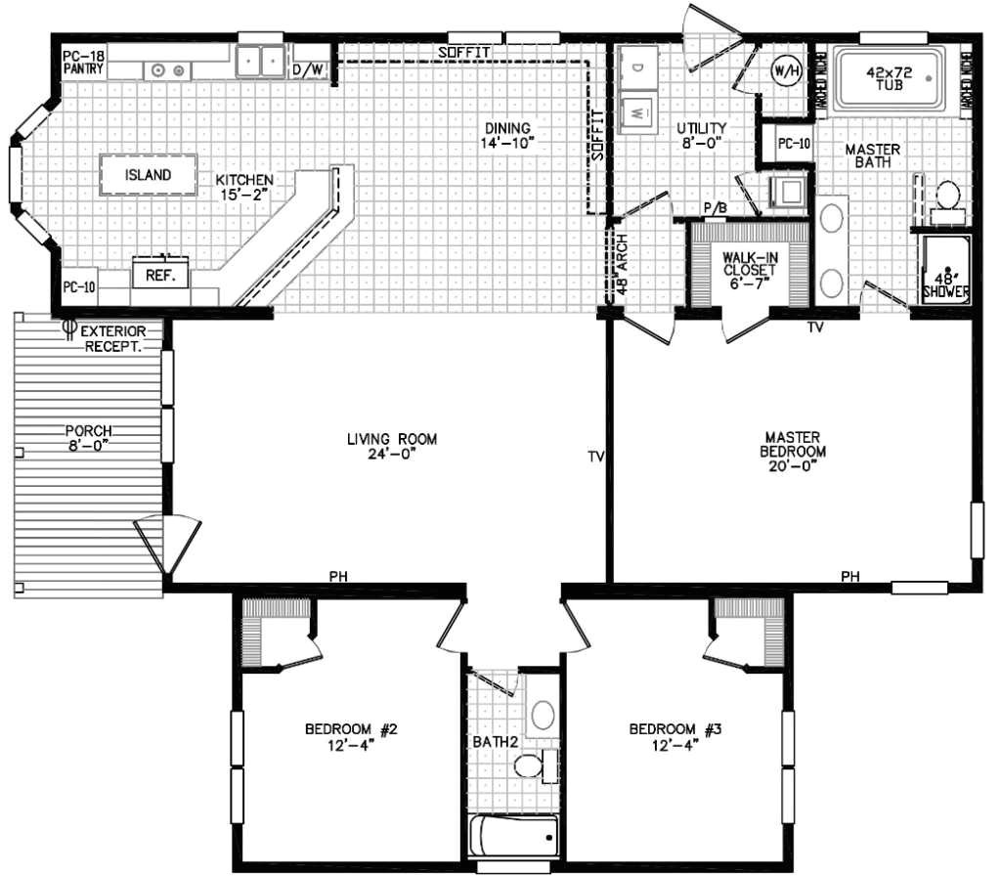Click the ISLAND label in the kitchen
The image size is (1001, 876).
[x=149, y=175]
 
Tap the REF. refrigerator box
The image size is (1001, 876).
[x=159, y=276]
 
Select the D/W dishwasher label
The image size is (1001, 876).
[x=302, y=69]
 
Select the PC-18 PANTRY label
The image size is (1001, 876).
[x=82, y=64]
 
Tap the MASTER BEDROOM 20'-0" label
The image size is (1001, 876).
[x=793, y=451]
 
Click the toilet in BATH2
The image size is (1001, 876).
[x=531, y=764]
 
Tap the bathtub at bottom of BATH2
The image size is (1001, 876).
[x=513, y=837]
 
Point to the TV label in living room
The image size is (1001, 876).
[x=596, y=456]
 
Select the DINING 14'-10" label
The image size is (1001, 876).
[x=504, y=135]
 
